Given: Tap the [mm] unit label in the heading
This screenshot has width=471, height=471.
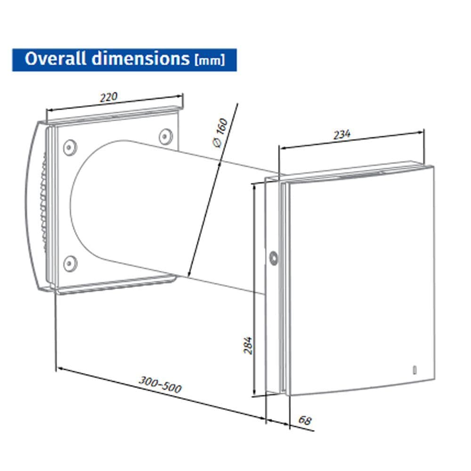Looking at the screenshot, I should point(209,61).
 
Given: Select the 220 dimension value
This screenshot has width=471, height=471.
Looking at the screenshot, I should point(108,97).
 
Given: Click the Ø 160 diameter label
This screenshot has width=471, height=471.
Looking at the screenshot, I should point(220,133).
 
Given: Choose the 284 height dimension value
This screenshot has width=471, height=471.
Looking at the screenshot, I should point(249,345).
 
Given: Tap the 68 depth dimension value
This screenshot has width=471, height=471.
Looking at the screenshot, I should point(305,420).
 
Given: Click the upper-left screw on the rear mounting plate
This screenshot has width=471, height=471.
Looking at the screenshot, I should point(70,146).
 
